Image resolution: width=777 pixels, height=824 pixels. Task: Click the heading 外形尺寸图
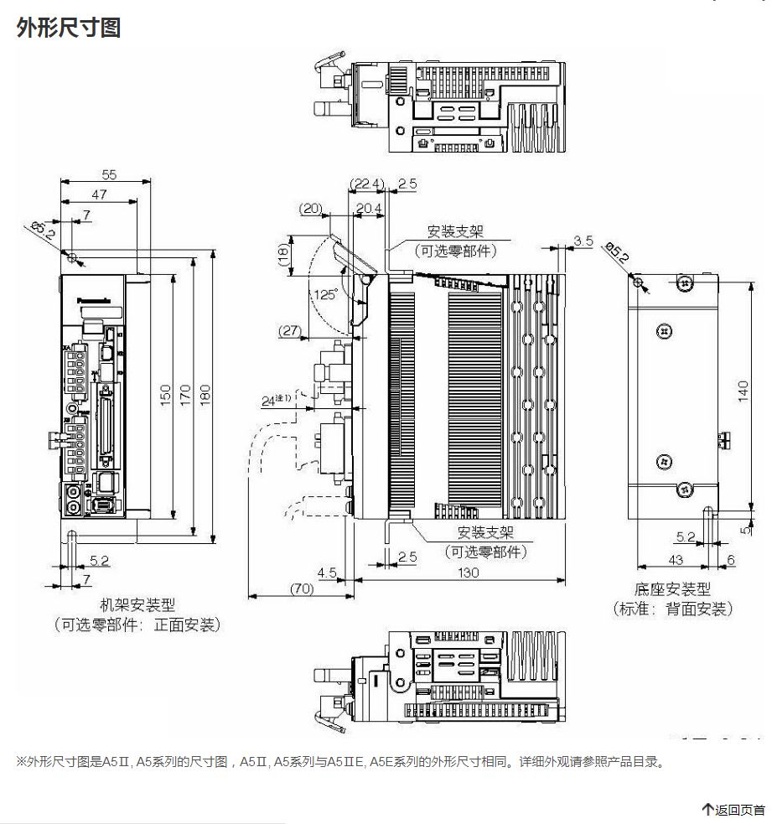click(69, 28)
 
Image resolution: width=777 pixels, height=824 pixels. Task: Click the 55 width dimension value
click(109, 174)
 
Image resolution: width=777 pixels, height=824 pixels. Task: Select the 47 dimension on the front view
click(99, 194)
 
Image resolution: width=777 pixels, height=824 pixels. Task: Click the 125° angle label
click(326, 294)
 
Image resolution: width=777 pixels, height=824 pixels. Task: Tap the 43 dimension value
click(676, 559)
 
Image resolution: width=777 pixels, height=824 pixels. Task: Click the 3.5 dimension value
click(583, 241)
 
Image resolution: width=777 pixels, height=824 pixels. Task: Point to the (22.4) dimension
click(366, 184)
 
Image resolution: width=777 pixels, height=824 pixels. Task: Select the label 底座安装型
click(672, 590)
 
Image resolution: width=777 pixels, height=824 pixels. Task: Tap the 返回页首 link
click(734, 810)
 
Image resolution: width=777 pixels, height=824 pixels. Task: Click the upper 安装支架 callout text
click(455, 231)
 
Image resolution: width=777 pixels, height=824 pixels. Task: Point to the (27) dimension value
click(290, 331)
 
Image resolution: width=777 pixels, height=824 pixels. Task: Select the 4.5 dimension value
click(327, 572)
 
